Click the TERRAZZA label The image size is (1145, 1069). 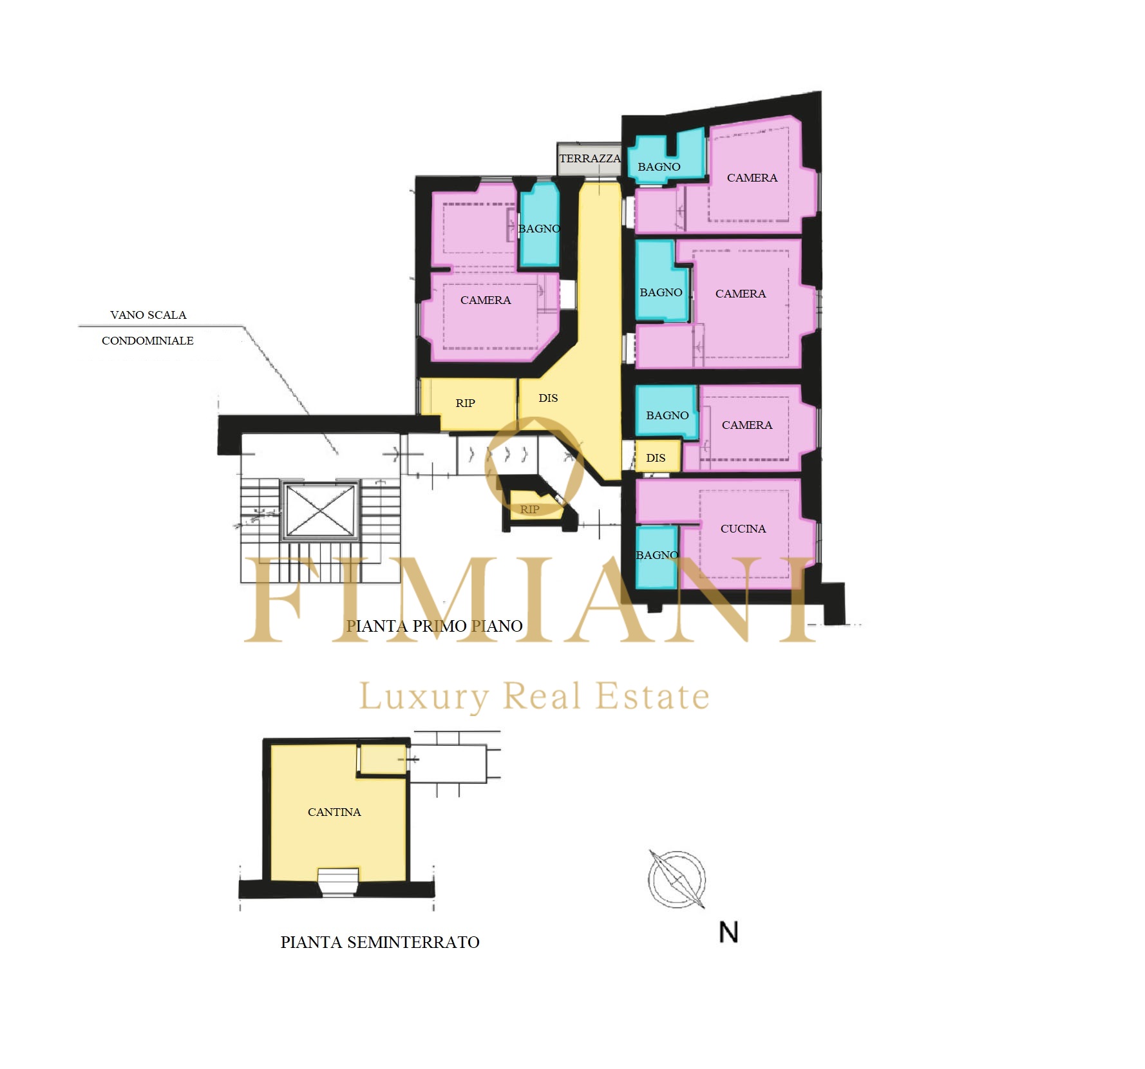pos(590,158)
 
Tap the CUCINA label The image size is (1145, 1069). pos(743,529)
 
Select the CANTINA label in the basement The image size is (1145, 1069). pos(334,812)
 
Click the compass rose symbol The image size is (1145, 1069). pos(677,880)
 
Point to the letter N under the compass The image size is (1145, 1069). pos(728,932)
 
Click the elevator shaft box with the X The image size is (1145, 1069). pos(320,510)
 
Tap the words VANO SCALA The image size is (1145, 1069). pos(148,315)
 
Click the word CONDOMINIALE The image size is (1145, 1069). pos(147,341)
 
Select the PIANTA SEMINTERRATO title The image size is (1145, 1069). pos(380,942)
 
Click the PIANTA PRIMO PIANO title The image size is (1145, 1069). pos(434,626)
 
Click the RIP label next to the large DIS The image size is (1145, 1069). pos(465,403)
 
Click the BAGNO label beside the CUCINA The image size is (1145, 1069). pos(657,555)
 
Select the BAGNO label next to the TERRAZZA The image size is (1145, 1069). pos(659,167)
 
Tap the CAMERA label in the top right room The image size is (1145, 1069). pos(752,178)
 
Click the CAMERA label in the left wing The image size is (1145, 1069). pos(486,300)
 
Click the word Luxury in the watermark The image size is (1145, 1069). pos(424,698)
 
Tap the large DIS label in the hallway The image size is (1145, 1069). pos(548,398)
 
